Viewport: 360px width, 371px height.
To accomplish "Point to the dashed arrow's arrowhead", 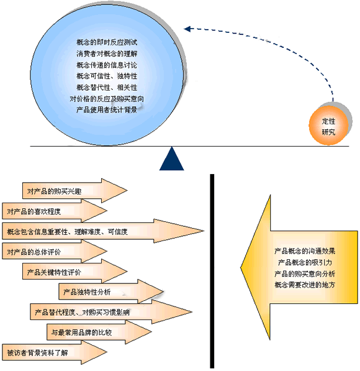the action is coord(187,29).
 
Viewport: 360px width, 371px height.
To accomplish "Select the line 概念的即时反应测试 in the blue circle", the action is coord(107,42).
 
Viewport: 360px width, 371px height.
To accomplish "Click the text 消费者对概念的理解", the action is coord(107,53).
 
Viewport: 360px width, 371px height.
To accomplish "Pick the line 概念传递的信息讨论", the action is coord(107,65).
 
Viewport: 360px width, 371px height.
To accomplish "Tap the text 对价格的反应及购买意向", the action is coord(107,99).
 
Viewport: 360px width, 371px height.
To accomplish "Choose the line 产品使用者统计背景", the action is coord(107,110).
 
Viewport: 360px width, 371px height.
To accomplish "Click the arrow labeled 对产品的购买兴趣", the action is coord(74,190).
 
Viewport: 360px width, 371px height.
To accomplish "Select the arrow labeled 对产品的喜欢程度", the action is coord(55,211).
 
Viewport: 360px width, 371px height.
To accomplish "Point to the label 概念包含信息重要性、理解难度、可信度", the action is coord(68,232).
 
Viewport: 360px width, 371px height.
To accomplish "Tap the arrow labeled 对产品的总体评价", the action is coord(55,252).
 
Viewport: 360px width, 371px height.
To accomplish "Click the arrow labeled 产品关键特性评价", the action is coord(74,272).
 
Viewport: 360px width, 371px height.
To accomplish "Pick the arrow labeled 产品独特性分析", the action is coord(111,291).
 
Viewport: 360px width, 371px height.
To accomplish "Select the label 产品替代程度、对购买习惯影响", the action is coord(83,313).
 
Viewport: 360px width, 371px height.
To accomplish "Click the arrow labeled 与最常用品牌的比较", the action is coord(99,332).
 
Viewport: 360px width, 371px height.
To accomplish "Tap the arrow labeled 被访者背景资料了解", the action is coord(55,352).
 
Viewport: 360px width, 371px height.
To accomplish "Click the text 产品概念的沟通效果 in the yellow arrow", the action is coord(305,251).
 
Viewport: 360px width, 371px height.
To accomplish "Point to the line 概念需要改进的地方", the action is coord(305,285).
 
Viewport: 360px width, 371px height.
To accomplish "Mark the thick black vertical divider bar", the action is coord(212,271).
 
